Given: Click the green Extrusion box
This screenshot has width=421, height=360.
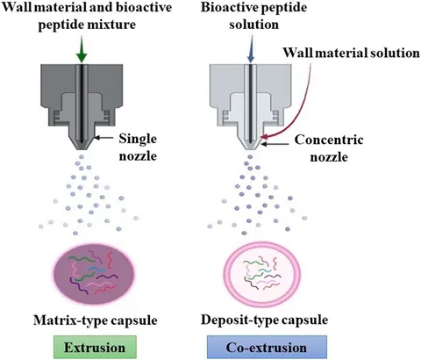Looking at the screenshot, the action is (95, 347).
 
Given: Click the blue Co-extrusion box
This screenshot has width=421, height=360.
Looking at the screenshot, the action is (267, 347).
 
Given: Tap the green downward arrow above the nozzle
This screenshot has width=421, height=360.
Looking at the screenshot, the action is (82, 49).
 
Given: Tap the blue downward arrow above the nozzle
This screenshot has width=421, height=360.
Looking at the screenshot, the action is (251, 49).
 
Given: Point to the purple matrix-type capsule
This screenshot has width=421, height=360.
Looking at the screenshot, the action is (94, 275).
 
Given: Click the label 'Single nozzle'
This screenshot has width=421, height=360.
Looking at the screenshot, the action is (138, 147).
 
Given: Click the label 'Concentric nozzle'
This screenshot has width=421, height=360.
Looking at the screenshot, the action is (329, 148).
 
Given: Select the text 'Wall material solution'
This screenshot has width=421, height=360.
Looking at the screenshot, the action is (352, 53).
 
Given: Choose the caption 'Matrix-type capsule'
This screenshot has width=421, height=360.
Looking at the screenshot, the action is (96, 320).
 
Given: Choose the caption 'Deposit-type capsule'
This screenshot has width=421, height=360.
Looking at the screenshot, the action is (264, 320).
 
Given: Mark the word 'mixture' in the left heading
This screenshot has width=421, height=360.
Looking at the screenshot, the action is (112, 25).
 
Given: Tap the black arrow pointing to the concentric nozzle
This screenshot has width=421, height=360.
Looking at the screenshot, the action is (275, 144).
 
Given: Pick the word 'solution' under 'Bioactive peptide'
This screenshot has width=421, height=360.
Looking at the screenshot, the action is (253, 25).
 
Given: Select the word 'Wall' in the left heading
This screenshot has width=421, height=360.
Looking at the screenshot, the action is (17, 7).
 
